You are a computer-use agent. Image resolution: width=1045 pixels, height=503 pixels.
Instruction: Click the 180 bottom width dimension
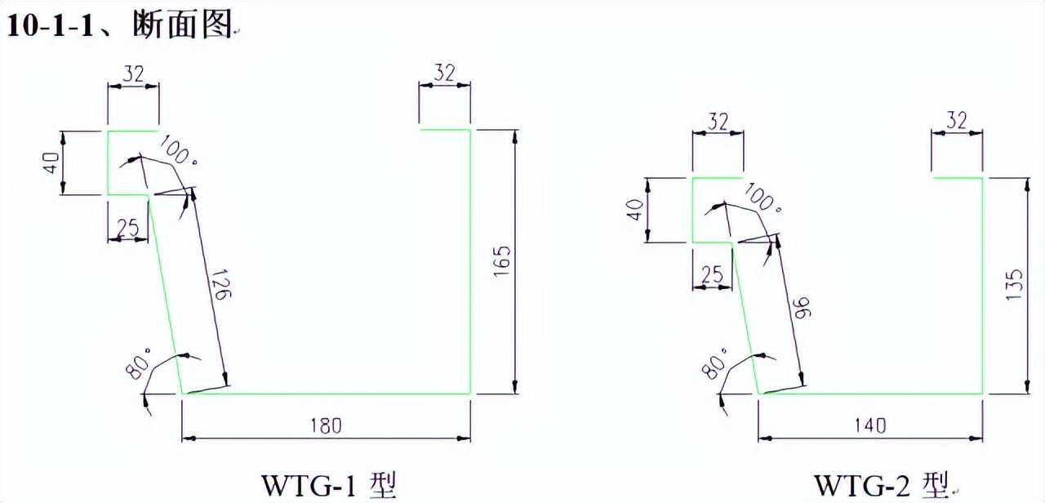coord(325,425)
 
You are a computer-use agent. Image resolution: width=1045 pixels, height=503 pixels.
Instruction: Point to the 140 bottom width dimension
coord(869,425)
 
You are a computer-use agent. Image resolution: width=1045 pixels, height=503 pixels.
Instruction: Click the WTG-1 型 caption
coord(328,483)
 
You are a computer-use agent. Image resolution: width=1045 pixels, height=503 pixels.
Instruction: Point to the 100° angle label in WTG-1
coord(177,152)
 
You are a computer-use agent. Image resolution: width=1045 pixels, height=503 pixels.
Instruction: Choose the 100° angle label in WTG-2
coord(763,199)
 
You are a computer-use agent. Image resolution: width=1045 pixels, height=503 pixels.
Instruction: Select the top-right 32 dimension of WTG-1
coord(444,73)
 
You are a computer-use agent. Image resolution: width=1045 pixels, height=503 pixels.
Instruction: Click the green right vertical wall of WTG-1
coord(470,261)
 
